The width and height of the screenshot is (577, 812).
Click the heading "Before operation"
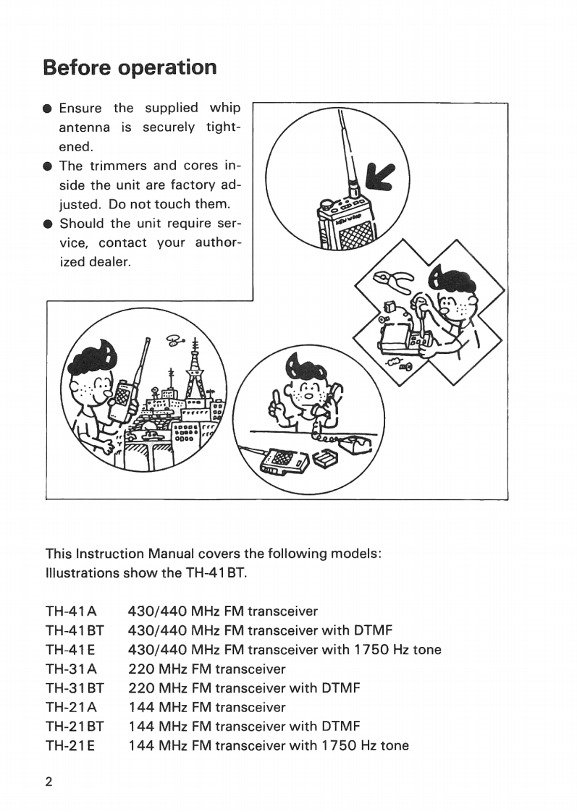(130, 67)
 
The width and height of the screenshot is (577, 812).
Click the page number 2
(49, 782)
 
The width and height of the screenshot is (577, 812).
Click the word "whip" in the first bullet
(224, 108)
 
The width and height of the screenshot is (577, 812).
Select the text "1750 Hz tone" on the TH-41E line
(397, 649)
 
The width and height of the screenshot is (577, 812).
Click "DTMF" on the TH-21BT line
(336, 726)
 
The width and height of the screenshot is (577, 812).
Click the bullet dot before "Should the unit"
(48, 224)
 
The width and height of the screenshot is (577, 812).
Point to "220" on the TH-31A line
(141, 669)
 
